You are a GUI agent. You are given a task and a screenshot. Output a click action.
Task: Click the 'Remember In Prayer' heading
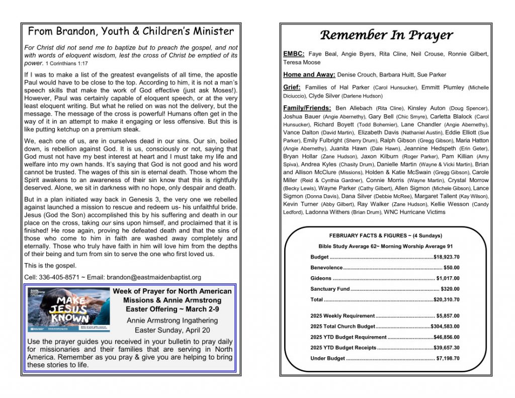coord(386,35)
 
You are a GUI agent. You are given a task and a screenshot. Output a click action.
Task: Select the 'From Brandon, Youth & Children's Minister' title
coord(131,32)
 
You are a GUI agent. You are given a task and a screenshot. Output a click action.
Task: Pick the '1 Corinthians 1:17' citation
coord(66,64)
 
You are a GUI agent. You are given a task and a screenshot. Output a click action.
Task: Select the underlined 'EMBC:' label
coord(294,54)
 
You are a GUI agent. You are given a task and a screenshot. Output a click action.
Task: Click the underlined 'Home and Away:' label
coord(309,75)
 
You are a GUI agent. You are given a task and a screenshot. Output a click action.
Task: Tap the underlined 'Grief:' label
coord(292,88)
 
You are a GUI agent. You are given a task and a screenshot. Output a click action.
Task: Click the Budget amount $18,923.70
coord(446,257)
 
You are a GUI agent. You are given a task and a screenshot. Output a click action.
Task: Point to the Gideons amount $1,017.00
coord(448,278)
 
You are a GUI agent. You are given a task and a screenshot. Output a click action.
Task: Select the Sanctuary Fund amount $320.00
coord(450,289)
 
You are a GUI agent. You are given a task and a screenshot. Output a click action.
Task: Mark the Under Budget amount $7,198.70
coord(448,358)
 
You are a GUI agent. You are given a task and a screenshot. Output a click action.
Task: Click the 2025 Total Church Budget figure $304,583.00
coord(445,327)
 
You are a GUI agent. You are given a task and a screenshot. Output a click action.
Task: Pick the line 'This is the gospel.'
coord(50,266)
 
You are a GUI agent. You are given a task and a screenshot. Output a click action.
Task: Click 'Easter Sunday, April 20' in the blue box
coord(172,331)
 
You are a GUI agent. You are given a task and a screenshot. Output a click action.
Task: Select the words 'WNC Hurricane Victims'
coord(414,212)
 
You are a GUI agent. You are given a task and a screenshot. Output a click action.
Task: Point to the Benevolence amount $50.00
coord(451,268)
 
